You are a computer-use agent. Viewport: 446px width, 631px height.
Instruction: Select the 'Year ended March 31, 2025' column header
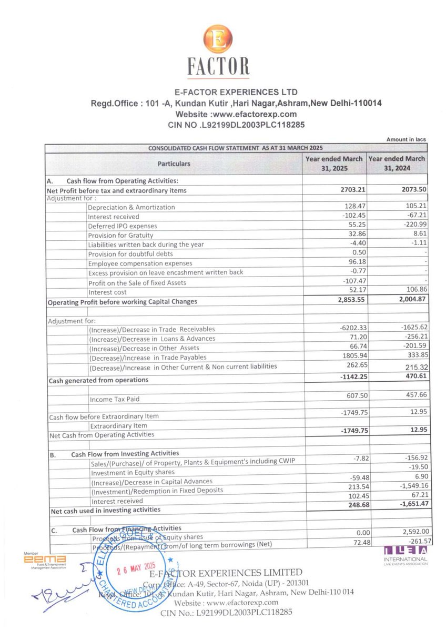(334, 164)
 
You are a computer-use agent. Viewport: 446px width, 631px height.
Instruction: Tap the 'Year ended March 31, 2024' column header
(397, 164)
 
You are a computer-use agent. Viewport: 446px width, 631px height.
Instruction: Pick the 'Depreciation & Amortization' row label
(131, 207)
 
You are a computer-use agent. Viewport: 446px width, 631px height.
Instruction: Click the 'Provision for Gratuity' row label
(120, 236)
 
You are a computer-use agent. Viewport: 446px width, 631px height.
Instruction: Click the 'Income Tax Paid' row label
(114, 400)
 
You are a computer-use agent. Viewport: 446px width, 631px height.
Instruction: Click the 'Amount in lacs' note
(406, 139)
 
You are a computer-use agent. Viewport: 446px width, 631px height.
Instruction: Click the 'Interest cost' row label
(108, 292)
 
